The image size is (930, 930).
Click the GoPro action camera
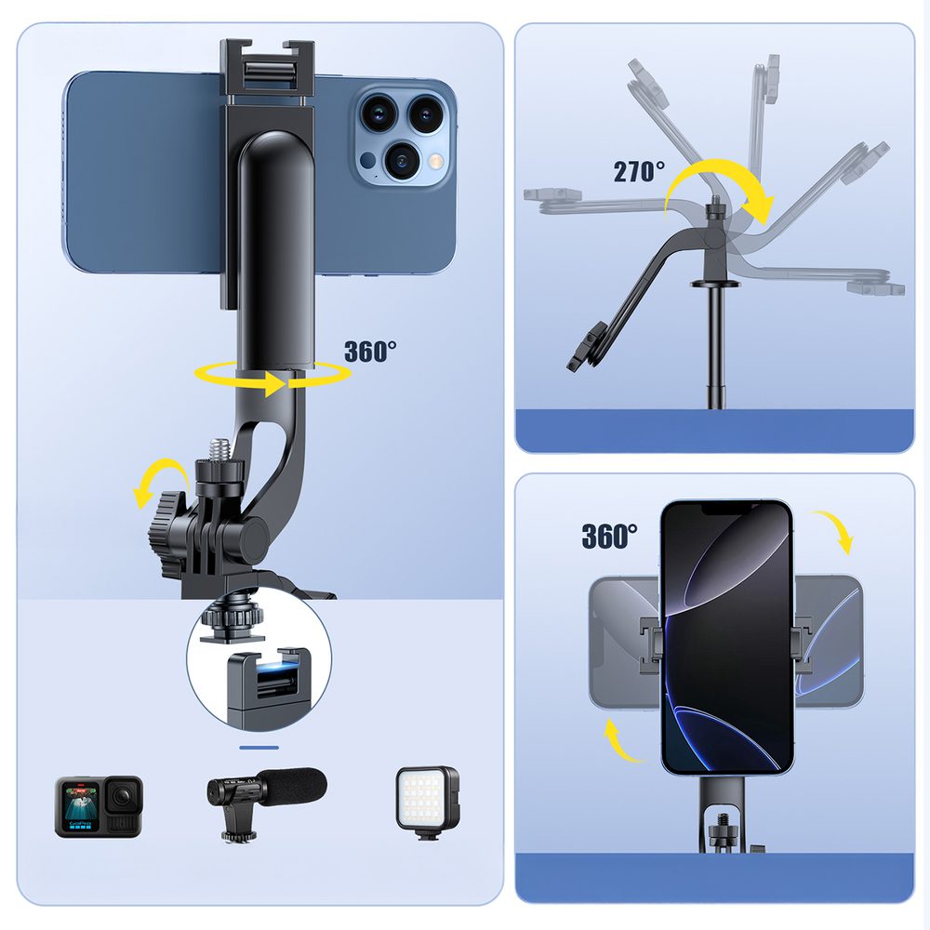(x=98, y=805)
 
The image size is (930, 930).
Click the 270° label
(x=639, y=171)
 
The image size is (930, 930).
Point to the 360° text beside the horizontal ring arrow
(x=370, y=352)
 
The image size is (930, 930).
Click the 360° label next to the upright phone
(x=609, y=536)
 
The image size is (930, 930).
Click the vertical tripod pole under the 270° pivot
(x=716, y=353)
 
